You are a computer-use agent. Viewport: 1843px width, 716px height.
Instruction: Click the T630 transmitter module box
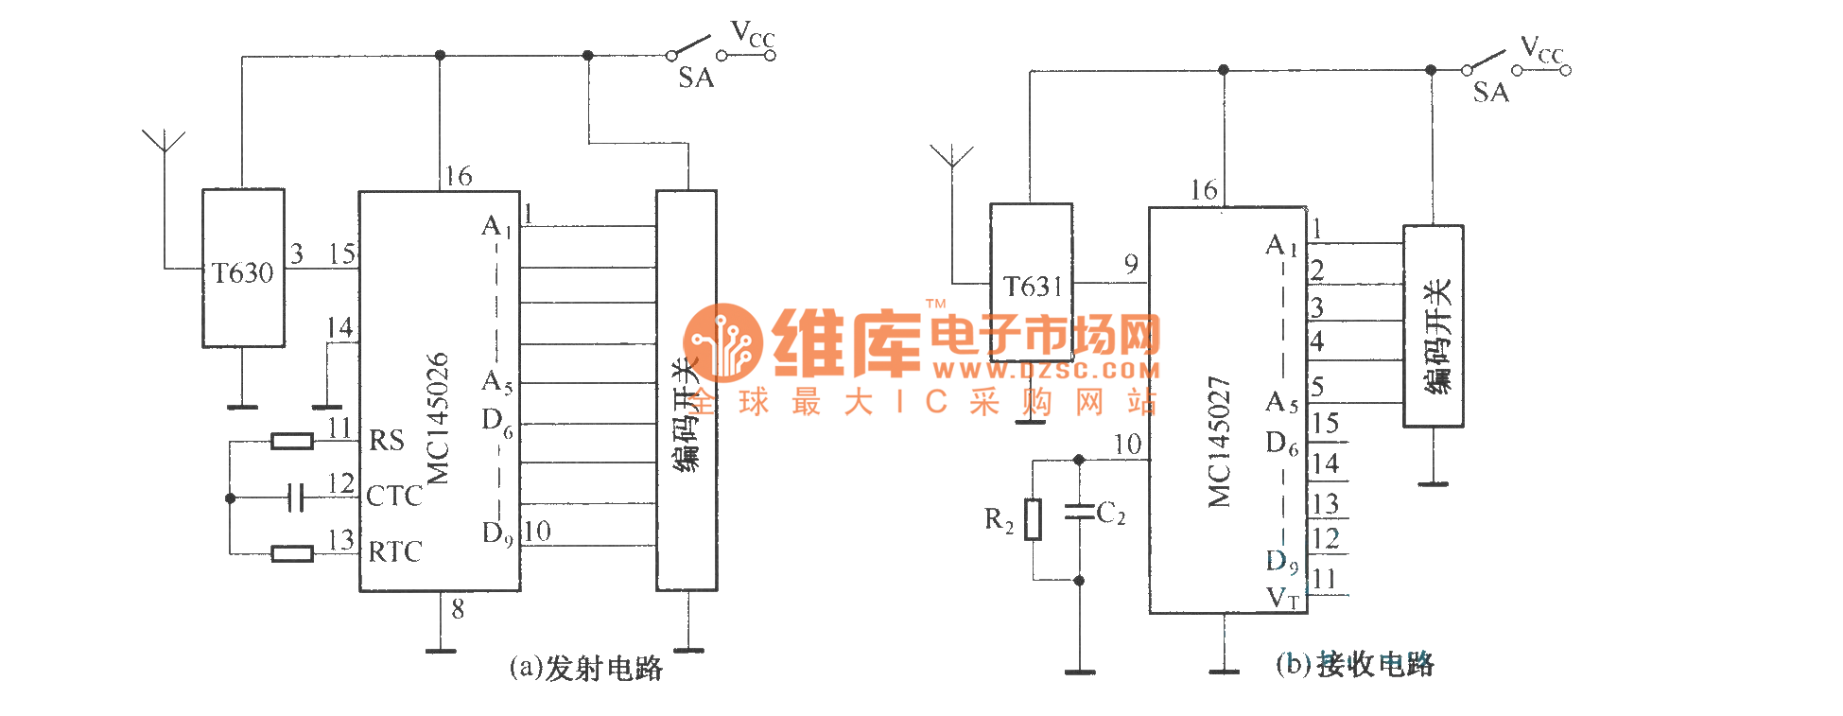[243, 268]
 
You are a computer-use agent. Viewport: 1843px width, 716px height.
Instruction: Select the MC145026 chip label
[437, 418]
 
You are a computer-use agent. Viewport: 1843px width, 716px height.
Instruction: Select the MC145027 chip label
[1220, 442]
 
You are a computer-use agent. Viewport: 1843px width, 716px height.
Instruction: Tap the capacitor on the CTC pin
[296, 497]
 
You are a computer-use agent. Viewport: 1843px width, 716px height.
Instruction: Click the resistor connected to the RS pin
[292, 441]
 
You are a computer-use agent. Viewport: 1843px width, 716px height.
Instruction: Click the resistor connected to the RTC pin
[292, 553]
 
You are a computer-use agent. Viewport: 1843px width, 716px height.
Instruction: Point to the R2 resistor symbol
[1034, 519]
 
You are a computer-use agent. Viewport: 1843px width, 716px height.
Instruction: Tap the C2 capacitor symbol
[1079, 512]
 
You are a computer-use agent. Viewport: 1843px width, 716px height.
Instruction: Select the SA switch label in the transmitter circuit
[696, 79]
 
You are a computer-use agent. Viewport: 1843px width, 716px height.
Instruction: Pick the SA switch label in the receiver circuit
[1490, 93]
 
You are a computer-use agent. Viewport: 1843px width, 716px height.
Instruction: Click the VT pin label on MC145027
[1283, 598]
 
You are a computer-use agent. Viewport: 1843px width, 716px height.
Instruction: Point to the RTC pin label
[394, 551]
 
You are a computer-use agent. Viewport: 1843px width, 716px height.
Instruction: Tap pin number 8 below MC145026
[458, 610]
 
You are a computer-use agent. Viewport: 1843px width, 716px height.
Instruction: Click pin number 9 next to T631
[1131, 264]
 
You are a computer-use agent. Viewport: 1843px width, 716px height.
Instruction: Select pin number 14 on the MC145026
[339, 328]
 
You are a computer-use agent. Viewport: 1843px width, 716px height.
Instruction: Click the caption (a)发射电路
[585, 668]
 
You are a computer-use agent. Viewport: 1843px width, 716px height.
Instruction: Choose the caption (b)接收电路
[1354, 664]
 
